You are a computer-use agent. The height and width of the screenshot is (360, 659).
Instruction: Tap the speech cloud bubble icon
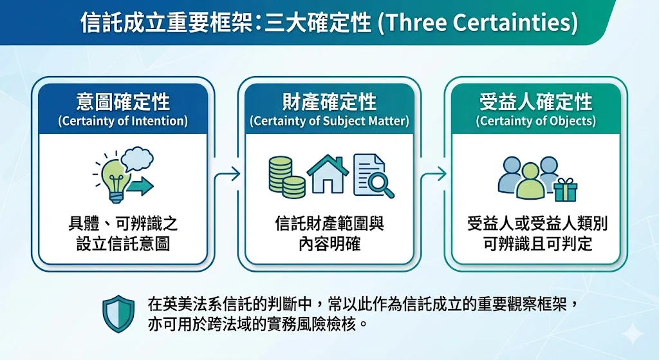pyautogui.click(x=137, y=158)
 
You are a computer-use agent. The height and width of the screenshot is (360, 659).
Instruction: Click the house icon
pyautogui.click(x=328, y=174)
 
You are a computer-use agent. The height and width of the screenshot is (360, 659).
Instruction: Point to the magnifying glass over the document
pyautogui.click(x=381, y=184)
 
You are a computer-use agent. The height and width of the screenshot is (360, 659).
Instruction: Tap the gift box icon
pyautogui.click(x=565, y=190)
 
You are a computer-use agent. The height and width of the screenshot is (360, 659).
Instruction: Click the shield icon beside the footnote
pyautogui.click(x=119, y=314)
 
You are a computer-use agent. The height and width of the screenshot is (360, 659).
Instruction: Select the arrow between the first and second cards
pyautogui.click(x=227, y=174)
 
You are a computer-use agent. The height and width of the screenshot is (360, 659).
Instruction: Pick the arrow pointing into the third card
pyautogui.click(x=433, y=174)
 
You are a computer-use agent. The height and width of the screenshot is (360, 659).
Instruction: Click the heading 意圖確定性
pyautogui.click(x=123, y=102)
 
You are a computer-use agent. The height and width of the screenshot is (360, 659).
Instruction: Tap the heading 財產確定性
pyautogui.click(x=329, y=102)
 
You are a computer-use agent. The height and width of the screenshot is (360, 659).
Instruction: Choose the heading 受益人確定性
pyautogui.click(x=536, y=102)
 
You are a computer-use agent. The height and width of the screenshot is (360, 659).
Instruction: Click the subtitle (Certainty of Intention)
pyautogui.click(x=123, y=121)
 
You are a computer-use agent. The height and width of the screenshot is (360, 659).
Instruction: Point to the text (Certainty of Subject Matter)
pyautogui.click(x=329, y=121)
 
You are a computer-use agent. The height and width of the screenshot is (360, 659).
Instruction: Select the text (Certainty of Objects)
pyautogui.click(x=536, y=121)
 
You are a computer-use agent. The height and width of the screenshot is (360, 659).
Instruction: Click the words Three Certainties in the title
pyautogui.click(x=478, y=23)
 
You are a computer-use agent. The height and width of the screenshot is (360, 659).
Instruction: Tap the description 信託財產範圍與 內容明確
pyautogui.click(x=329, y=234)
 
